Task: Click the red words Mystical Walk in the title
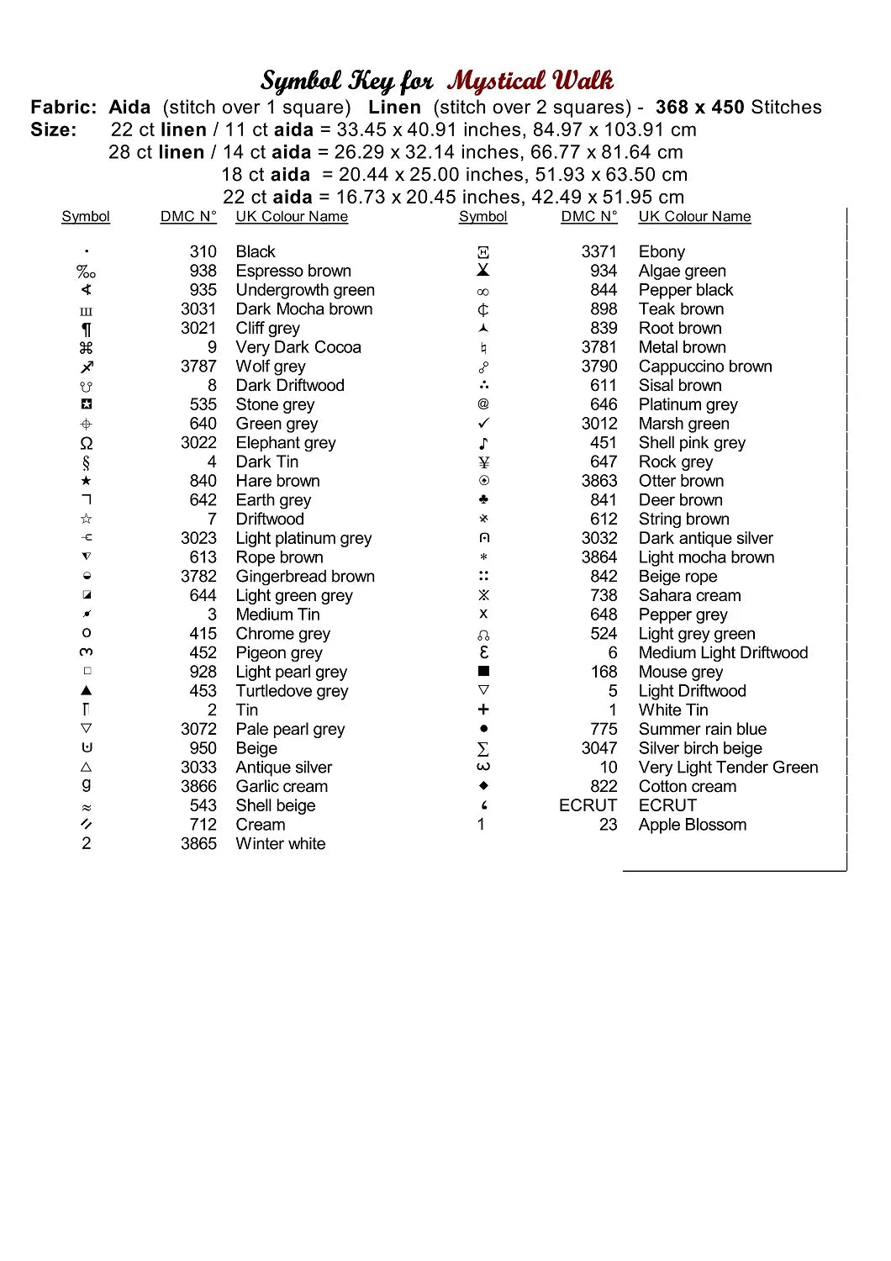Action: point(530,81)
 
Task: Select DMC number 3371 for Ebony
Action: point(598,251)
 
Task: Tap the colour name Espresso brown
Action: point(293,271)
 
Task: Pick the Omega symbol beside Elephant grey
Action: point(86,443)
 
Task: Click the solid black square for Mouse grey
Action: point(483,672)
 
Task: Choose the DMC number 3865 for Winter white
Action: point(198,843)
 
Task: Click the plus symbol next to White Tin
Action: point(483,710)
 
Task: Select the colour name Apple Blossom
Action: point(692,825)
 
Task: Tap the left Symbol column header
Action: point(86,216)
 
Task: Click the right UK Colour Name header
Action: point(694,216)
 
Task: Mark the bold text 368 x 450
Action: point(699,107)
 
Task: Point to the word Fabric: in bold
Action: point(64,107)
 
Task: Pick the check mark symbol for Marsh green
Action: point(483,424)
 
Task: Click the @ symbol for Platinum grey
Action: point(483,404)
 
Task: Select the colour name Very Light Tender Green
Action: point(728,767)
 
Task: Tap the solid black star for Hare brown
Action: point(86,481)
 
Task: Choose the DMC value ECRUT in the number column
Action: point(588,805)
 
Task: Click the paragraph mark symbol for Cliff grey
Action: point(86,329)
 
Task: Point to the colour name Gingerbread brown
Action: point(305,576)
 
